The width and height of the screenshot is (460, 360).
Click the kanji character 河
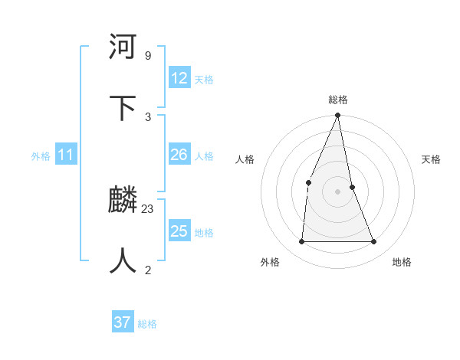123,47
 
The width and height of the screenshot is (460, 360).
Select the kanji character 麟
123,201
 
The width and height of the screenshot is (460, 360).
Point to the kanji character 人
123,260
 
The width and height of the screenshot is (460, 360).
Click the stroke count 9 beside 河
147,55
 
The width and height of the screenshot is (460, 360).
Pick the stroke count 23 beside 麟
148,208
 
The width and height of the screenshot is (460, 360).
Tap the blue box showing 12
179,78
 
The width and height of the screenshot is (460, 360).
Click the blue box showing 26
179,155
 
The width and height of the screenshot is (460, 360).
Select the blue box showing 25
179,231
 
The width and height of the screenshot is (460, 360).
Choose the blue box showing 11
66,155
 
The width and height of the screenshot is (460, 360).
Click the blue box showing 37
123,322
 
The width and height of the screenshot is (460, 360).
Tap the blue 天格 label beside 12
204,80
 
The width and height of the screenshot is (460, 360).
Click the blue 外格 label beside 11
41,156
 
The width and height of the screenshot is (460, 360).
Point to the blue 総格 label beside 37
147,324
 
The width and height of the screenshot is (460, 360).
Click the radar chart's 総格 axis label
337,100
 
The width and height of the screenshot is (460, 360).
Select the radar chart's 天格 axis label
431,159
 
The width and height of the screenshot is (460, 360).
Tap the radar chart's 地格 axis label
402,262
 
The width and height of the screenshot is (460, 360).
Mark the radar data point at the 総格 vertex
337,116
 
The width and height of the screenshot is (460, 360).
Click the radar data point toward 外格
302,241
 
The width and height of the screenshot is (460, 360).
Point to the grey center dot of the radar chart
337,191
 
